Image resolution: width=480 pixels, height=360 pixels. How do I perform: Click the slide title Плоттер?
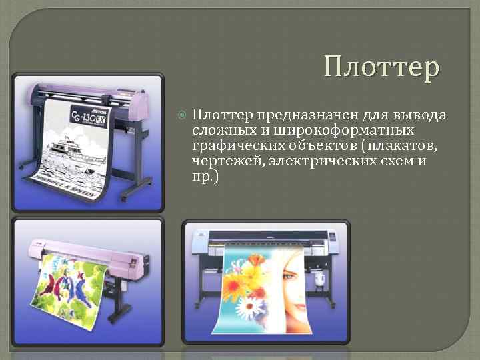[x=382, y=68]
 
